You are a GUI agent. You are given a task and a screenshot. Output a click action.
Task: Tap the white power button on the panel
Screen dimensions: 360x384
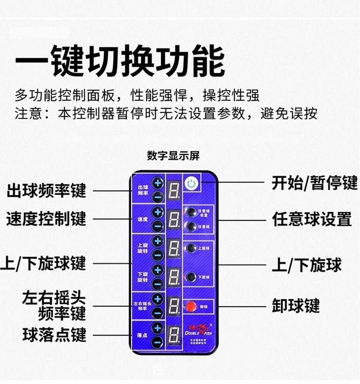(192, 184)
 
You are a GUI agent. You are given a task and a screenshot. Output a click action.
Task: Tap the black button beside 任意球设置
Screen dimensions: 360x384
(191, 212)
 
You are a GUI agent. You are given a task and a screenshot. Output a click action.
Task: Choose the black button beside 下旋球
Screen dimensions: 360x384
(191, 276)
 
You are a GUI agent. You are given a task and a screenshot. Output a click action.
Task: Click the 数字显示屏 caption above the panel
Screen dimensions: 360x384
(173, 156)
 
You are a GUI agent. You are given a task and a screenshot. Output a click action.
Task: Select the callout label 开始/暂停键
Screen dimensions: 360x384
(314, 183)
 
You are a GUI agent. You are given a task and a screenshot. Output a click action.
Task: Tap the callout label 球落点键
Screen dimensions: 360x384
(54, 335)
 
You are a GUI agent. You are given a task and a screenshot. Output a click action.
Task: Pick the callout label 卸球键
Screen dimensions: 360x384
(296, 305)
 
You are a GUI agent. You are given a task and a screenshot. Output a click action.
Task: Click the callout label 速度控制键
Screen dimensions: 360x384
(46, 219)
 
